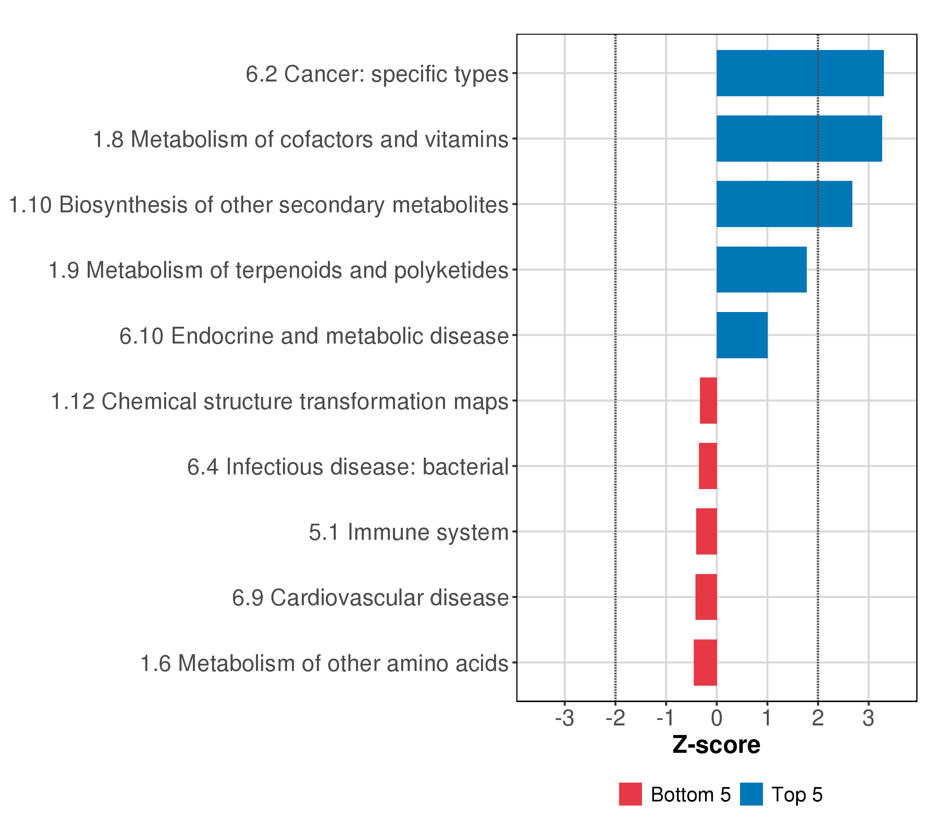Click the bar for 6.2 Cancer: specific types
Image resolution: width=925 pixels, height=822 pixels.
click(800, 73)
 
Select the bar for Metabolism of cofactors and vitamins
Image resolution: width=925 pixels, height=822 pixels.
click(799, 138)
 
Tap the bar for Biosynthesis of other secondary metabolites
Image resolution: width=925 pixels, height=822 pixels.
click(784, 204)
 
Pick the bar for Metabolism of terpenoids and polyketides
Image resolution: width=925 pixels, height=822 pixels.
click(761, 270)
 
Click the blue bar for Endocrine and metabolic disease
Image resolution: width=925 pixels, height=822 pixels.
click(742, 335)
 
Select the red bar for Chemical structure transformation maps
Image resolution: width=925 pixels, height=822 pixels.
click(708, 400)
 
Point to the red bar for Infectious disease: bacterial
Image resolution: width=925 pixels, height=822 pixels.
click(708, 466)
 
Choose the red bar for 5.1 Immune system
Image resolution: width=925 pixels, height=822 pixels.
click(706, 532)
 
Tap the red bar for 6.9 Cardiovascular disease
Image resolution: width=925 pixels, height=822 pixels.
click(706, 597)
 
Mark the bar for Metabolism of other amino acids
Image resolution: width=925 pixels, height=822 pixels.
click(705, 662)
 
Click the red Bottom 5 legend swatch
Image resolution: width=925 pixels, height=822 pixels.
click(630, 794)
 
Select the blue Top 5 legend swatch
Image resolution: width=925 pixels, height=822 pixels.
click(751, 794)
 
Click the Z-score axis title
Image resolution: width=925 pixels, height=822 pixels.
click(716, 745)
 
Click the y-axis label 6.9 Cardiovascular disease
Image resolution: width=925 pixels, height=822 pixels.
click(370, 598)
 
